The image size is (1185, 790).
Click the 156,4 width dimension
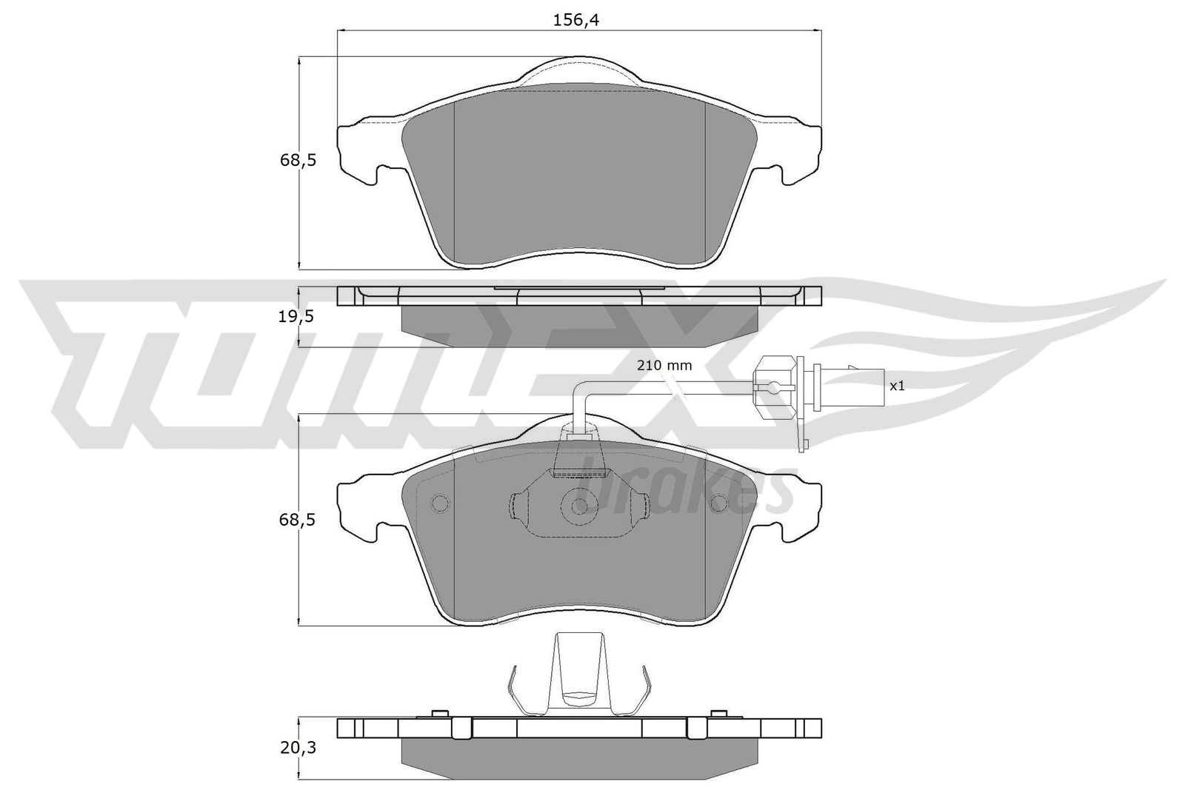click(x=576, y=20)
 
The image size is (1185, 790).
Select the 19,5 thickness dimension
click(x=296, y=316)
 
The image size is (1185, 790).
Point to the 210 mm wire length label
click(x=664, y=365)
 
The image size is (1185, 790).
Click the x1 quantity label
click(x=897, y=386)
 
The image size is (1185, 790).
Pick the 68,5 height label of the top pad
click(x=298, y=160)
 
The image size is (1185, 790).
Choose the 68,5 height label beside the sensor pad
click(x=297, y=520)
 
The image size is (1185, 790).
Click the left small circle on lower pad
click(x=440, y=503)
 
